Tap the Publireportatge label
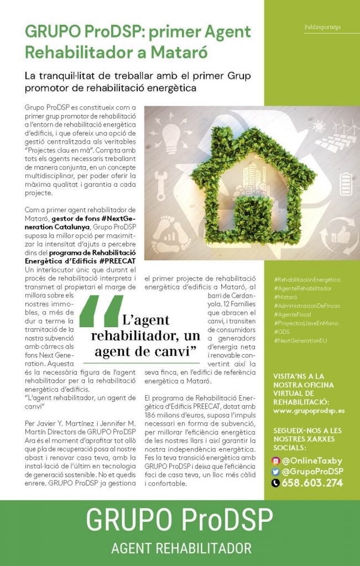click(322, 27)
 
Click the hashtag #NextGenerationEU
click(300, 340)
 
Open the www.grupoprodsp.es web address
click(309, 411)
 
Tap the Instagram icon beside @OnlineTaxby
click(276, 460)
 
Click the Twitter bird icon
click(276, 471)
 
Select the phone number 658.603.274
click(312, 483)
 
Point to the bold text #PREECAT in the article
click(117, 260)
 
